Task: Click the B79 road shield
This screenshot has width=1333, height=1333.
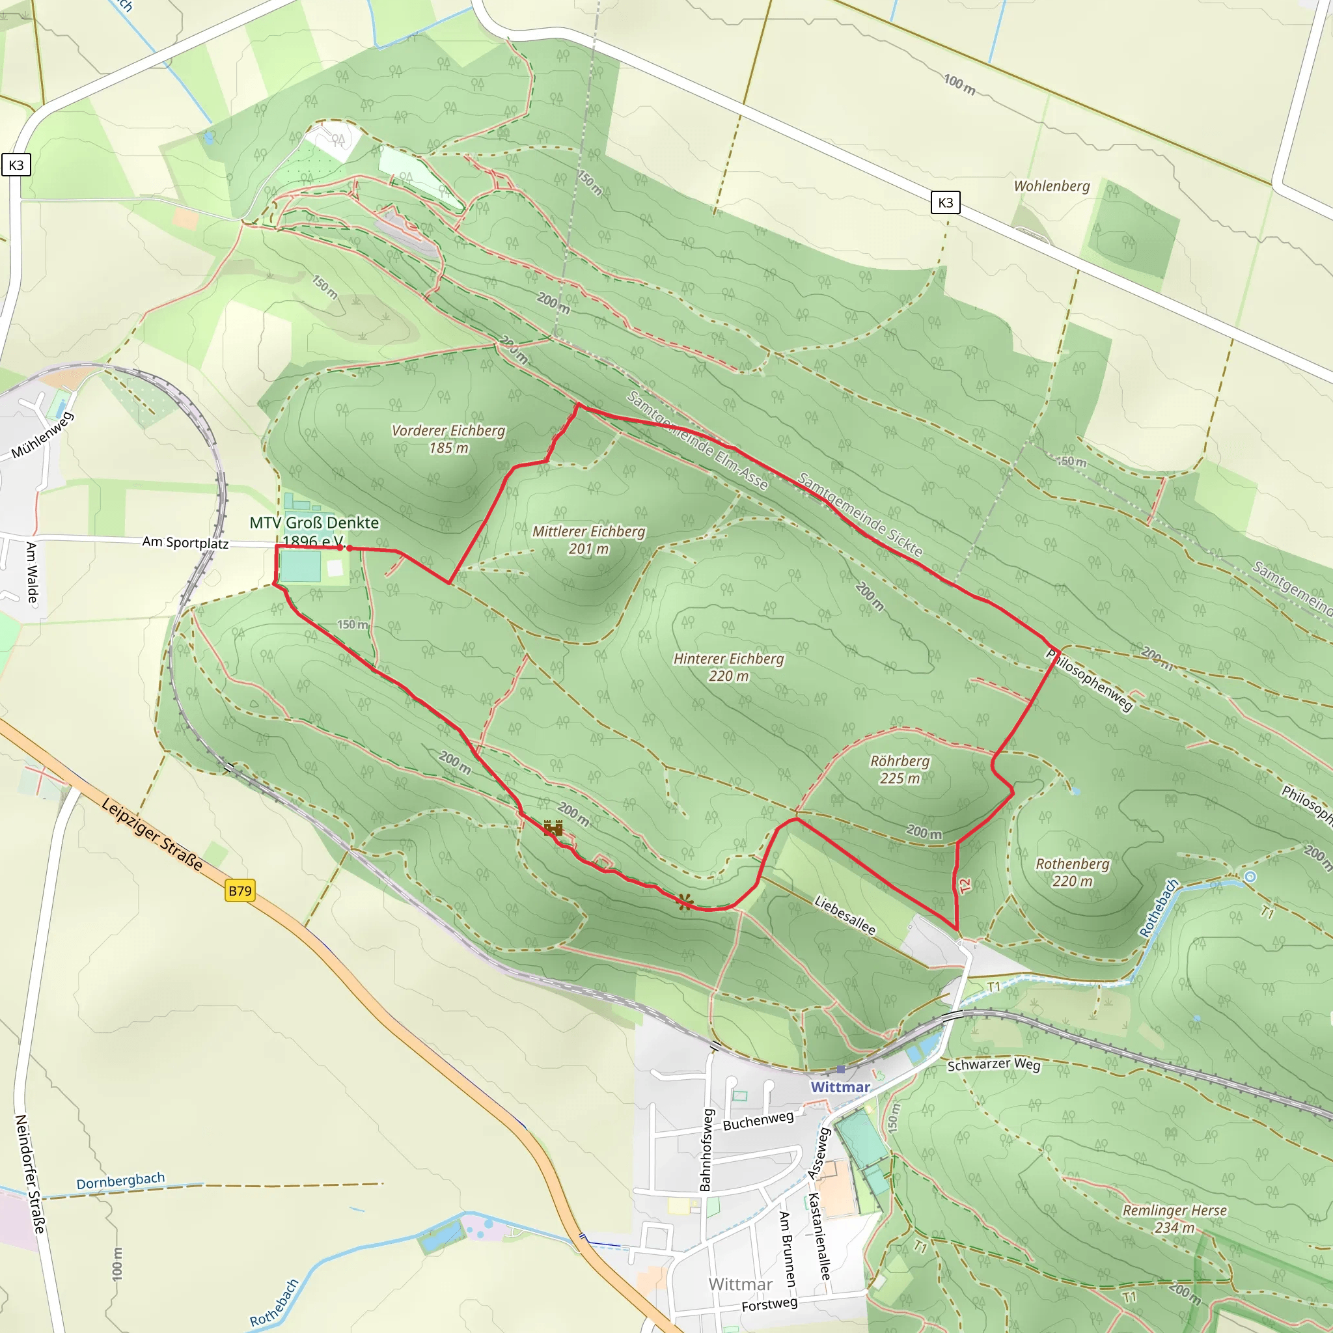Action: pyautogui.click(x=240, y=891)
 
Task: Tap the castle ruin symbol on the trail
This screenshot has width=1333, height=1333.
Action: pyautogui.click(x=553, y=828)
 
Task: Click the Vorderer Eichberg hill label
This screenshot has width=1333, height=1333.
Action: pyautogui.click(x=448, y=439)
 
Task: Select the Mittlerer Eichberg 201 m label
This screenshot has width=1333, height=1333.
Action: pyautogui.click(x=588, y=540)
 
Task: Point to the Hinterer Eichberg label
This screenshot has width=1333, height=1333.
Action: pyautogui.click(x=728, y=667)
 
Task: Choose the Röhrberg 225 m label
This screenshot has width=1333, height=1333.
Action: pyautogui.click(x=900, y=769)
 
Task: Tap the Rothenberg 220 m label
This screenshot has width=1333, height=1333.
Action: pyautogui.click(x=1073, y=872)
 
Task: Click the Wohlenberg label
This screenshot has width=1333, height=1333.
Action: pyautogui.click(x=1052, y=186)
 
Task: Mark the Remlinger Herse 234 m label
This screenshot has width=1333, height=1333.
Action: pyautogui.click(x=1174, y=1218)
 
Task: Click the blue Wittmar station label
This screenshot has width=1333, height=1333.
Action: pyautogui.click(x=840, y=1088)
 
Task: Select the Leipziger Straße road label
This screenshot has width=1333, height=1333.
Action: pyautogui.click(x=152, y=834)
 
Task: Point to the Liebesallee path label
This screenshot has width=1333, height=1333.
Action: pyautogui.click(x=845, y=915)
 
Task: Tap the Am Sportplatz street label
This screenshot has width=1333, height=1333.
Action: pyautogui.click(x=185, y=542)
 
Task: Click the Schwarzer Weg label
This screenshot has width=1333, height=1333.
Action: pyautogui.click(x=993, y=1065)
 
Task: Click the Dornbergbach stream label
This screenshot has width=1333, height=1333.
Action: pyautogui.click(x=121, y=1181)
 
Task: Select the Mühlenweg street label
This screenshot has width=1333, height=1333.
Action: pyautogui.click(x=42, y=435)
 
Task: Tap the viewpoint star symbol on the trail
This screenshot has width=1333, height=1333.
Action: pyautogui.click(x=685, y=901)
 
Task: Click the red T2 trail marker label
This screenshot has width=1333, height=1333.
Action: pyautogui.click(x=965, y=884)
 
